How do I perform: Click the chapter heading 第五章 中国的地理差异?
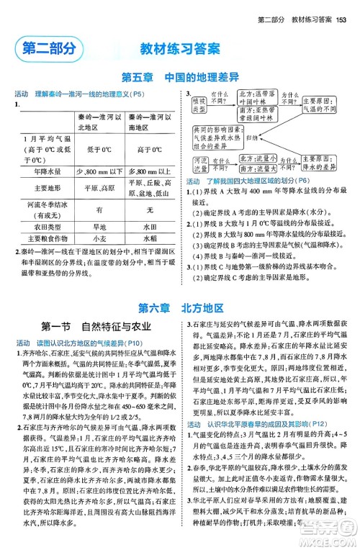[179, 78]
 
